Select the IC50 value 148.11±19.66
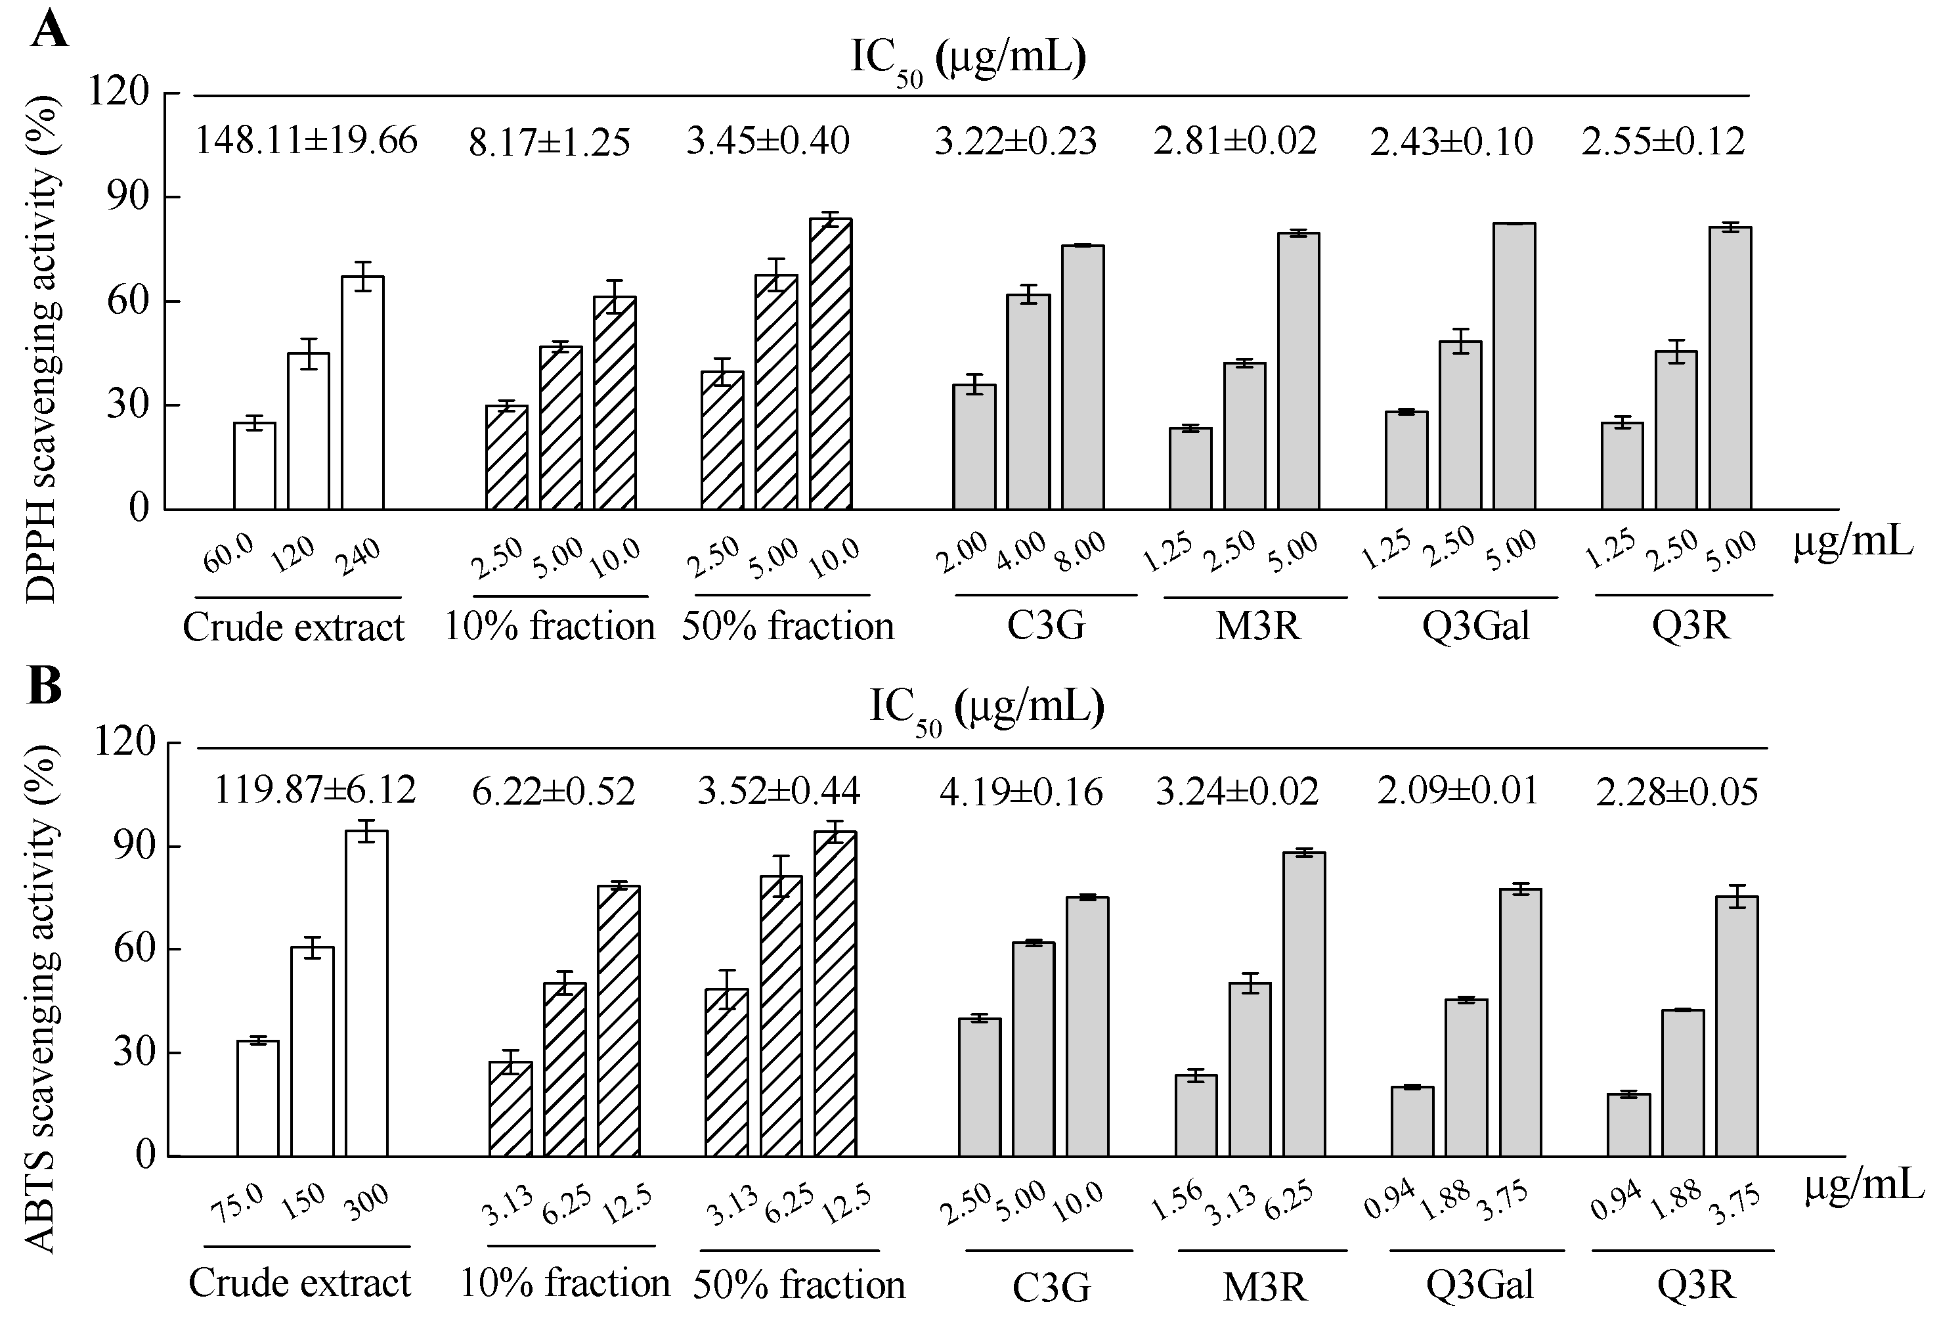coord(305,140)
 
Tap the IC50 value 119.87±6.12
coord(315,790)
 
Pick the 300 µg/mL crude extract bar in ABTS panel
coord(366,993)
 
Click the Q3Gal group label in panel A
coord(1475,626)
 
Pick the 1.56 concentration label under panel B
coord(1177,1200)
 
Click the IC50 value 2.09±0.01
coord(1457,790)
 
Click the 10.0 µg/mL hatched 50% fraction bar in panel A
coord(830,364)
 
